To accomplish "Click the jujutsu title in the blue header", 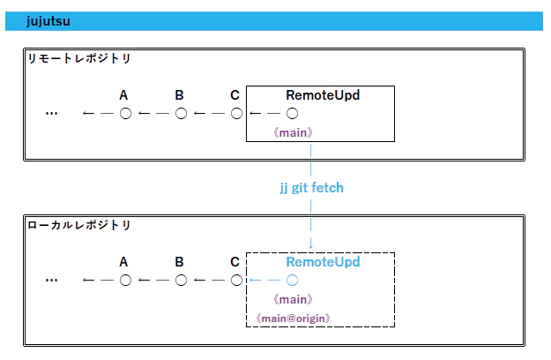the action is click(x=48, y=21).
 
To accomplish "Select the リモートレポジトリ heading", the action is click(x=79, y=58).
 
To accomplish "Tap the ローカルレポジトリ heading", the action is click(x=79, y=225).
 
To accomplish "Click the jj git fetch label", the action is click(x=312, y=188).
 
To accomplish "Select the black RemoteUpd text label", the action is click(x=323, y=95).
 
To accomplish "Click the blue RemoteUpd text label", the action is click(x=323, y=262).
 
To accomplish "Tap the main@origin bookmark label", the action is click(x=293, y=319).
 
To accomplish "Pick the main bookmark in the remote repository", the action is click(x=293, y=132).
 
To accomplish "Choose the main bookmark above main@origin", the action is click(x=293, y=299).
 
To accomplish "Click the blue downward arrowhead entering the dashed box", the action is click(x=310, y=246).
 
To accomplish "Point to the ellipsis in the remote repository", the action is click(x=52, y=114).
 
